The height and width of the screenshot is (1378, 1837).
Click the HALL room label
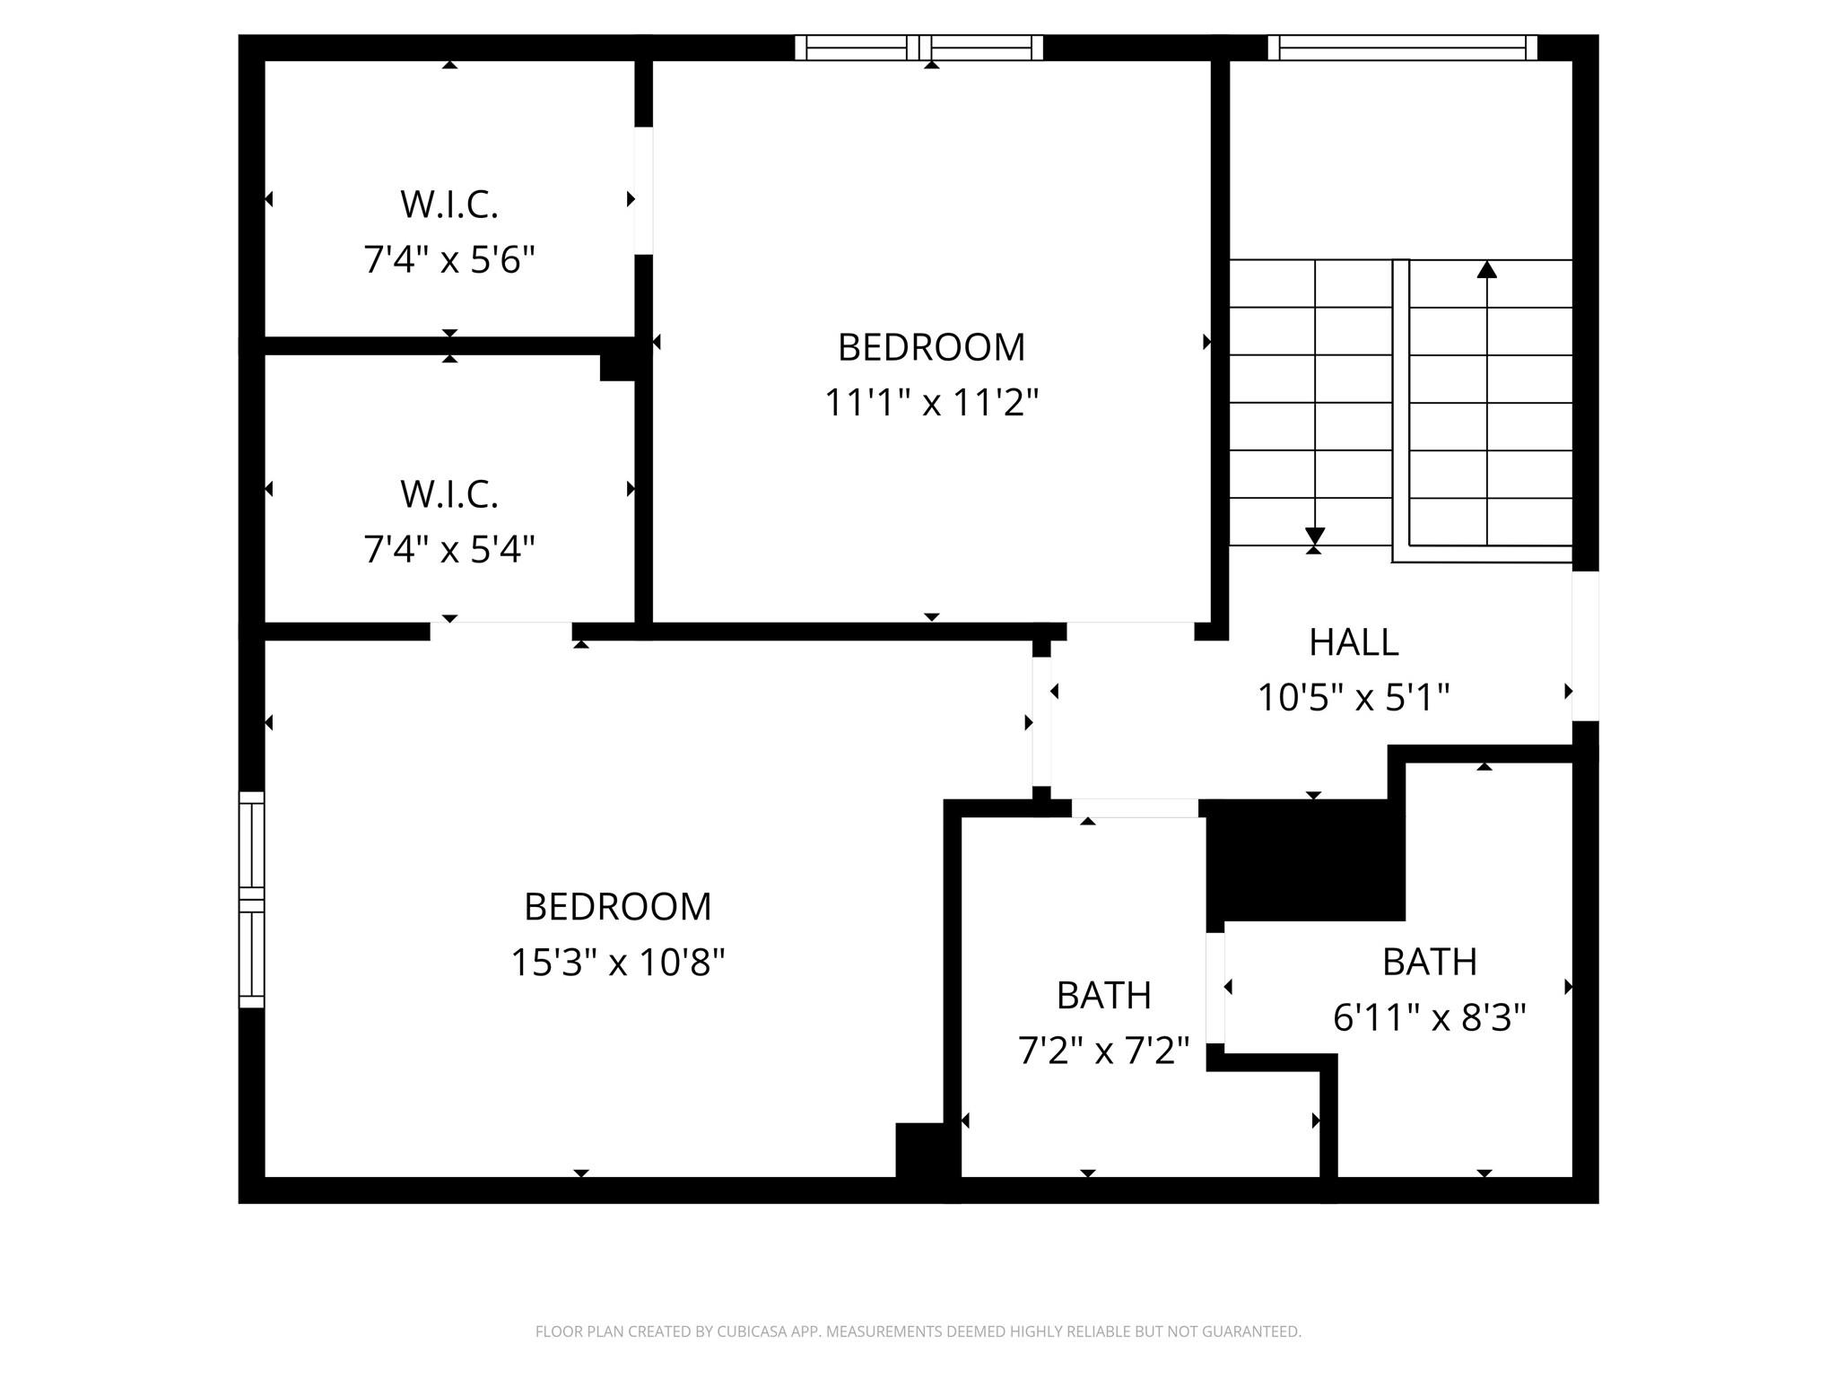1353,642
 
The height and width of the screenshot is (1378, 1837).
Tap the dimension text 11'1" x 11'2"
931,403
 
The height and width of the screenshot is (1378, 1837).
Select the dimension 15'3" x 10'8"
617,963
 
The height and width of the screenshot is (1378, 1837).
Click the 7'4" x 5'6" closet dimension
448,260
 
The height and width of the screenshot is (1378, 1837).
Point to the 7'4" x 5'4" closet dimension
448,549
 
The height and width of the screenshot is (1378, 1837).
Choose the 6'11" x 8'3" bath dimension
1429,1018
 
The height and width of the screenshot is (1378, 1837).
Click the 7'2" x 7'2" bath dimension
1103,1051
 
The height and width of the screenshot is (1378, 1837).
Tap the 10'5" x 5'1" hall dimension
1353,698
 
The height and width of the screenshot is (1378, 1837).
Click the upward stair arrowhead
1487,269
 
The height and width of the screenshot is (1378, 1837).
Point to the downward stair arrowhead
1315,536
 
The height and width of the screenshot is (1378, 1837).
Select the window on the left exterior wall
251,899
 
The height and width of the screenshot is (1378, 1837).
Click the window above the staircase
1402,48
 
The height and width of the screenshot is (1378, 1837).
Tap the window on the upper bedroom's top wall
918,48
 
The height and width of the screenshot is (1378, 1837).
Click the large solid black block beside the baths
1305,859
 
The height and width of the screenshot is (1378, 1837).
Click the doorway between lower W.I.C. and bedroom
501,631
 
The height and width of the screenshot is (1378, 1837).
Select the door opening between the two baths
1215,988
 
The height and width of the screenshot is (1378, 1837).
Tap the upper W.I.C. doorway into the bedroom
643,190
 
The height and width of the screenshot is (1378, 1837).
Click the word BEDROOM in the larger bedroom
617,907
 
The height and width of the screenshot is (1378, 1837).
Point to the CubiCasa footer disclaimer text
918,1331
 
